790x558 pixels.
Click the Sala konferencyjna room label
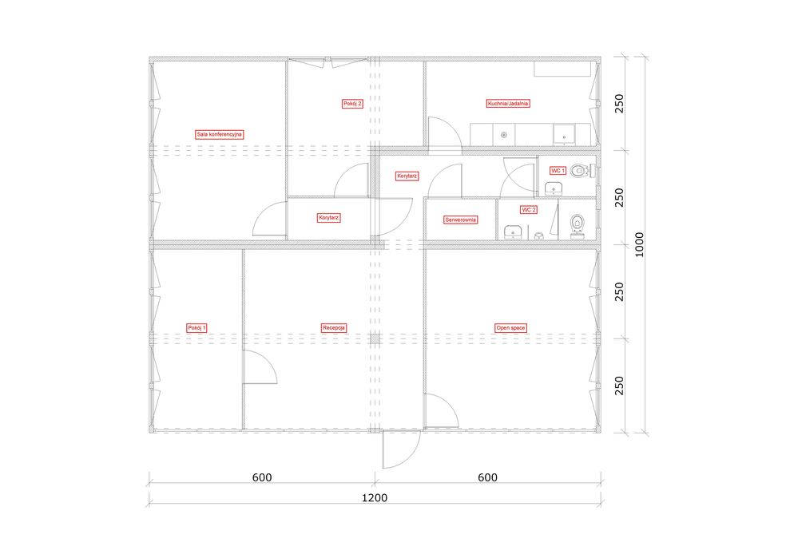tap(219, 134)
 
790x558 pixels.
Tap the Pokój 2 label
tap(352, 104)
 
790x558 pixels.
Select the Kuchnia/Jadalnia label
tap(508, 103)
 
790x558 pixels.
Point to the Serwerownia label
tap(460, 220)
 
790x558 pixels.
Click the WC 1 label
tap(558, 171)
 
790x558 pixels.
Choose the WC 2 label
tap(529, 209)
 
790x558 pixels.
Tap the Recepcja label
tap(334, 328)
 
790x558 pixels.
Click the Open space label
tap(511, 328)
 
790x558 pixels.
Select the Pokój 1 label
tap(197, 328)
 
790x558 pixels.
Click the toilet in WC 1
tap(583, 171)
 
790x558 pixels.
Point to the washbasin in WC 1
tap(554, 189)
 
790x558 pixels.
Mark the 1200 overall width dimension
tap(375, 497)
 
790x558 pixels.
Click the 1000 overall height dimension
tap(639, 245)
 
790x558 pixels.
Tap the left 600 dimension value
tap(262, 477)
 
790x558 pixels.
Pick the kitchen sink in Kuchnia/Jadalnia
tap(564, 134)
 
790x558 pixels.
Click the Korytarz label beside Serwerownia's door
tap(407, 176)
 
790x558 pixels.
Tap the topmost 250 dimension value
tap(619, 103)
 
